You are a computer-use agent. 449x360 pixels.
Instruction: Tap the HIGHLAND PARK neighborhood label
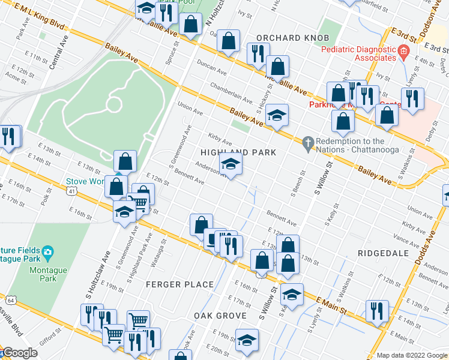click(238, 152)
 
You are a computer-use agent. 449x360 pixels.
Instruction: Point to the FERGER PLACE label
click(182, 284)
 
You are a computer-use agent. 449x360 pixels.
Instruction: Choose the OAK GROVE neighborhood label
click(220, 316)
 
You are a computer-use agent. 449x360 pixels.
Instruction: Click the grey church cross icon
click(308, 143)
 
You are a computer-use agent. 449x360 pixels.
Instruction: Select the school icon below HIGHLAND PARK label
click(230, 164)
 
